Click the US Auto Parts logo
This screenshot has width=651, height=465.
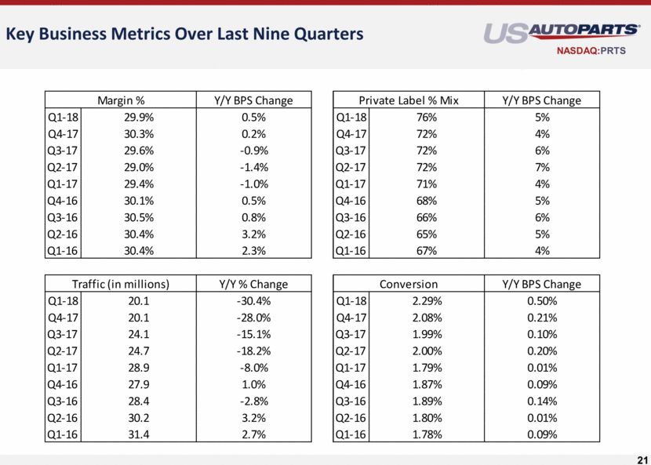(x=562, y=33)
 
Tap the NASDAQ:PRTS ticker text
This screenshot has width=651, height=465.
(x=591, y=51)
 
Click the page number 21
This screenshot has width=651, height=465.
(x=642, y=460)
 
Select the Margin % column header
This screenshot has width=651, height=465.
(x=121, y=100)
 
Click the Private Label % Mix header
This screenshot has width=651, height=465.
(x=409, y=100)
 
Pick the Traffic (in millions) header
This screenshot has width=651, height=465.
(x=121, y=284)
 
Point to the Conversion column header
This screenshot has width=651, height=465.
(x=409, y=284)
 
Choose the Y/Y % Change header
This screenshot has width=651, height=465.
(x=253, y=284)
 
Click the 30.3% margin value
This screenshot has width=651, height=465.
(x=139, y=134)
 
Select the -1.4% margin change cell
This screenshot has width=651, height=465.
(x=253, y=167)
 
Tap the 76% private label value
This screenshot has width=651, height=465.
(x=427, y=118)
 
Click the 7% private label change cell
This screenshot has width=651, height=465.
(x=542, y=167)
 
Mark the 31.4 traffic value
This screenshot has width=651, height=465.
(x=139, y=434)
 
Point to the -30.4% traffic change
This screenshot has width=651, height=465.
(x=253, y=301)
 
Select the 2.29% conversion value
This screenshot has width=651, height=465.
(x=427, y=301)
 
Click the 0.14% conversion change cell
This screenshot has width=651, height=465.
(x=542, y=401)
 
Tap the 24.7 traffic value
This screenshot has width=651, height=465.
(x=139, y=351)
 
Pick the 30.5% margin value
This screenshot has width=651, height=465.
(x=139, y=217)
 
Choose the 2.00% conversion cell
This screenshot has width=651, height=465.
(x=427, y=351)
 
